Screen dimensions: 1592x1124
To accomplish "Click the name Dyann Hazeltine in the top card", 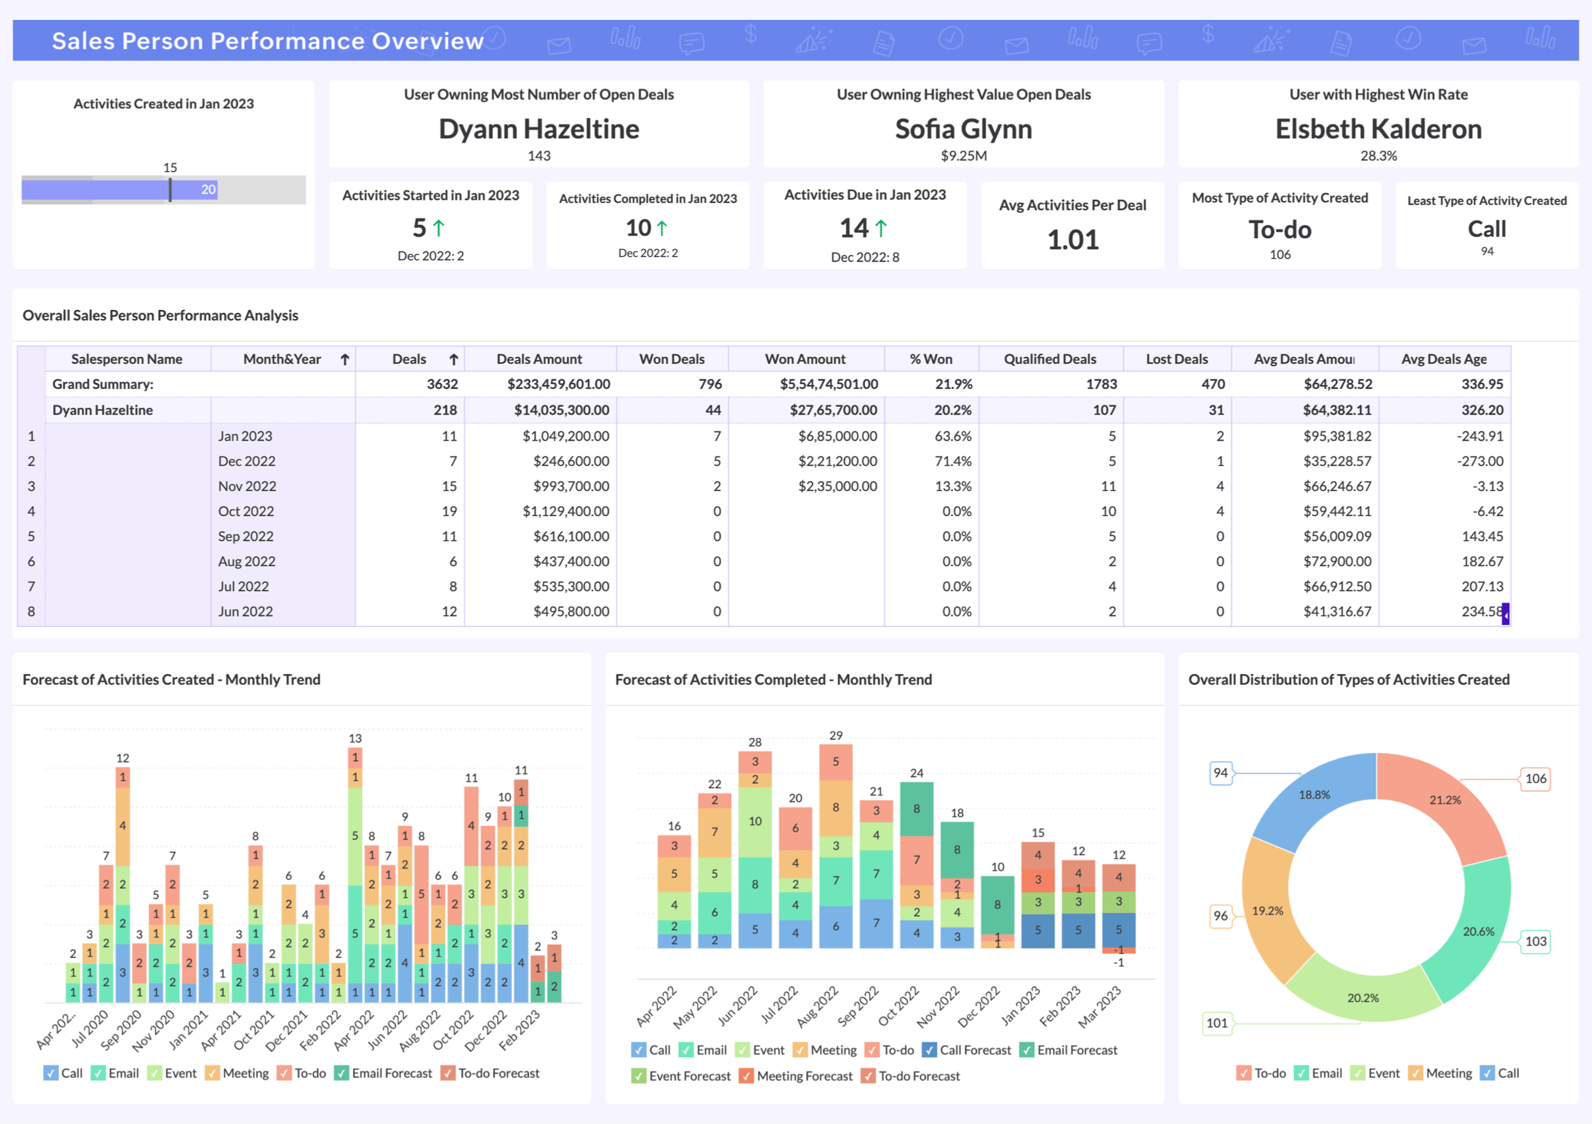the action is pos(539,129).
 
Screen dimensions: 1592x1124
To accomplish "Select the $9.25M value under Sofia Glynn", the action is pos(963,156).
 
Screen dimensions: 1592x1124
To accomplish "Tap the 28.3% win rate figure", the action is pos(1378,156).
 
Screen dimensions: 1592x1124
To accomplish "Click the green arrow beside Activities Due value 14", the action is pos(881,228).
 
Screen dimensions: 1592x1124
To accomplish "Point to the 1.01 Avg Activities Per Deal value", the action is pos(1073,240).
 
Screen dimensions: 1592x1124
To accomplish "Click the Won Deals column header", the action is pos(671,359).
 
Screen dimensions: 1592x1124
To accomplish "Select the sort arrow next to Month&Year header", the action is pos(345,359).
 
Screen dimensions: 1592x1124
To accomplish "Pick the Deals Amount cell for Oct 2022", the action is pos(566,512).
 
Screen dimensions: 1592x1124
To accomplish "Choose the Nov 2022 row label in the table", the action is pos(247,487).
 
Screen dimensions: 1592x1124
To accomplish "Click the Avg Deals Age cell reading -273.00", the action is pos(1480,461).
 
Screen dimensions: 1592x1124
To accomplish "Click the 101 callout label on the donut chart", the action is pos(1217,1022).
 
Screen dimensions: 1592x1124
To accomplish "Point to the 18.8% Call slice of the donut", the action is pos(1314,796).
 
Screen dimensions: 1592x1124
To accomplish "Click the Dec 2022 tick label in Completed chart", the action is pos(979,1007).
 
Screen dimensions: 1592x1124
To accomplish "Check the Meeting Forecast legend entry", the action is pos(795,1076).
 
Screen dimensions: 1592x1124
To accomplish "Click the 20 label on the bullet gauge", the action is pos(208,189).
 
